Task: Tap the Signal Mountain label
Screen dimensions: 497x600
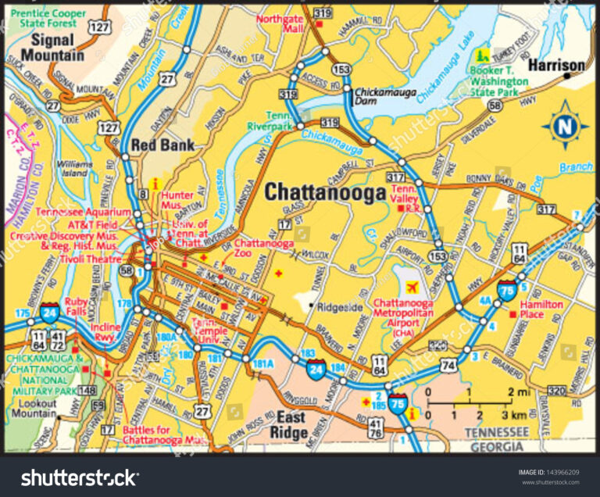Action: click(52, 47)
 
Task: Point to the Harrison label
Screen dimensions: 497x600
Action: click(555, 65)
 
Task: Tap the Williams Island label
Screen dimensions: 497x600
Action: click(74, 169)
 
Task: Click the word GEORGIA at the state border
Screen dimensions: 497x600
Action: click(496, 446)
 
